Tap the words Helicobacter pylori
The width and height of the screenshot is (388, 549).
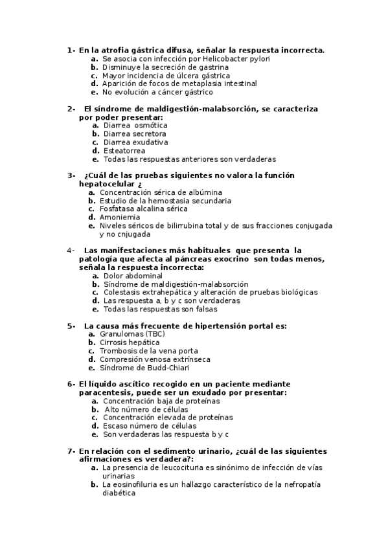coord(237,58)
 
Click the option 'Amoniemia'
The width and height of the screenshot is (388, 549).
coord(120,218)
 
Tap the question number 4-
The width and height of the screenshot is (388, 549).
coord(71,250)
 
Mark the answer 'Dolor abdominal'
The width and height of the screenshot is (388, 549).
coord(133,276)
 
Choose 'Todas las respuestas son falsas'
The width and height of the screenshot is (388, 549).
coord(159,309)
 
